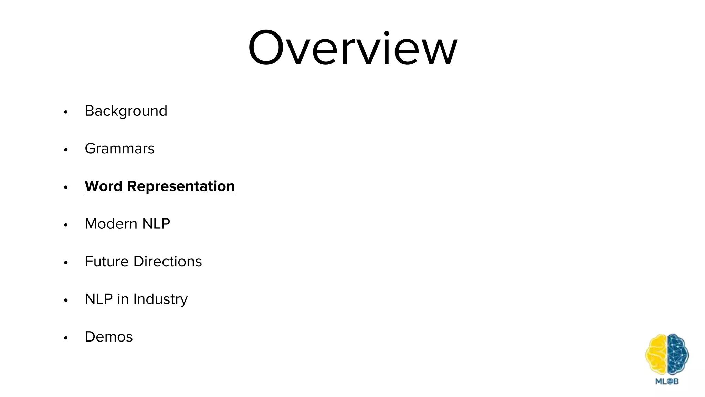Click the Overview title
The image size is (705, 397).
click(352, 48)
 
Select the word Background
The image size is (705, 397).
click(126, 111)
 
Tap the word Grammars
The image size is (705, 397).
click(119, 149)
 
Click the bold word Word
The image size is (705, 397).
click(104, 186)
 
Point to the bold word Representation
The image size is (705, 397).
click(181, 186)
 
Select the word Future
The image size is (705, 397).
click(106, 262)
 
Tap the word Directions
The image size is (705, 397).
click(168, 262)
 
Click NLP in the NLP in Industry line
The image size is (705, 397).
click(98, 299)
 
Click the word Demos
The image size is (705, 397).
click(108, 337)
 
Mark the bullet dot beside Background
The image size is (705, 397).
click(66, 112)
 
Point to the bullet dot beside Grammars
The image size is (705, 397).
click(66, 150)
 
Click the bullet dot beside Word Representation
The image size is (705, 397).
click(66, 187)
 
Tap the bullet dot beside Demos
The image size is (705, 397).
click(66, 338)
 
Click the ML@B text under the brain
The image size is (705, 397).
click(667, 381)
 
